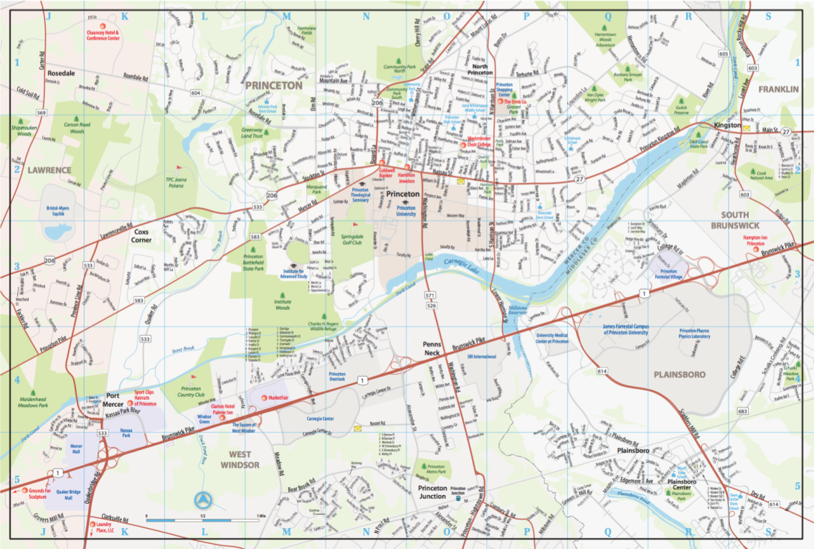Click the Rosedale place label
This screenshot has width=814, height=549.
click(61, 74)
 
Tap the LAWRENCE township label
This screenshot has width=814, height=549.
click(49, 170)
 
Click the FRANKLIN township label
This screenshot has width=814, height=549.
click(777, 89)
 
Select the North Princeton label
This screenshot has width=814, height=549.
click(480, 69)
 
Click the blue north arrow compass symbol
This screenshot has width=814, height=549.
click(204, 499)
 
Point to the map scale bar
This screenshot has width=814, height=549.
click(204, 517)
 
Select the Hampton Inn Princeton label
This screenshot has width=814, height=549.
click(763, 240)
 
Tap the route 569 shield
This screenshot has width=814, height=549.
click(42, 113)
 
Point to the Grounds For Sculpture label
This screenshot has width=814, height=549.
click(39, 494)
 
